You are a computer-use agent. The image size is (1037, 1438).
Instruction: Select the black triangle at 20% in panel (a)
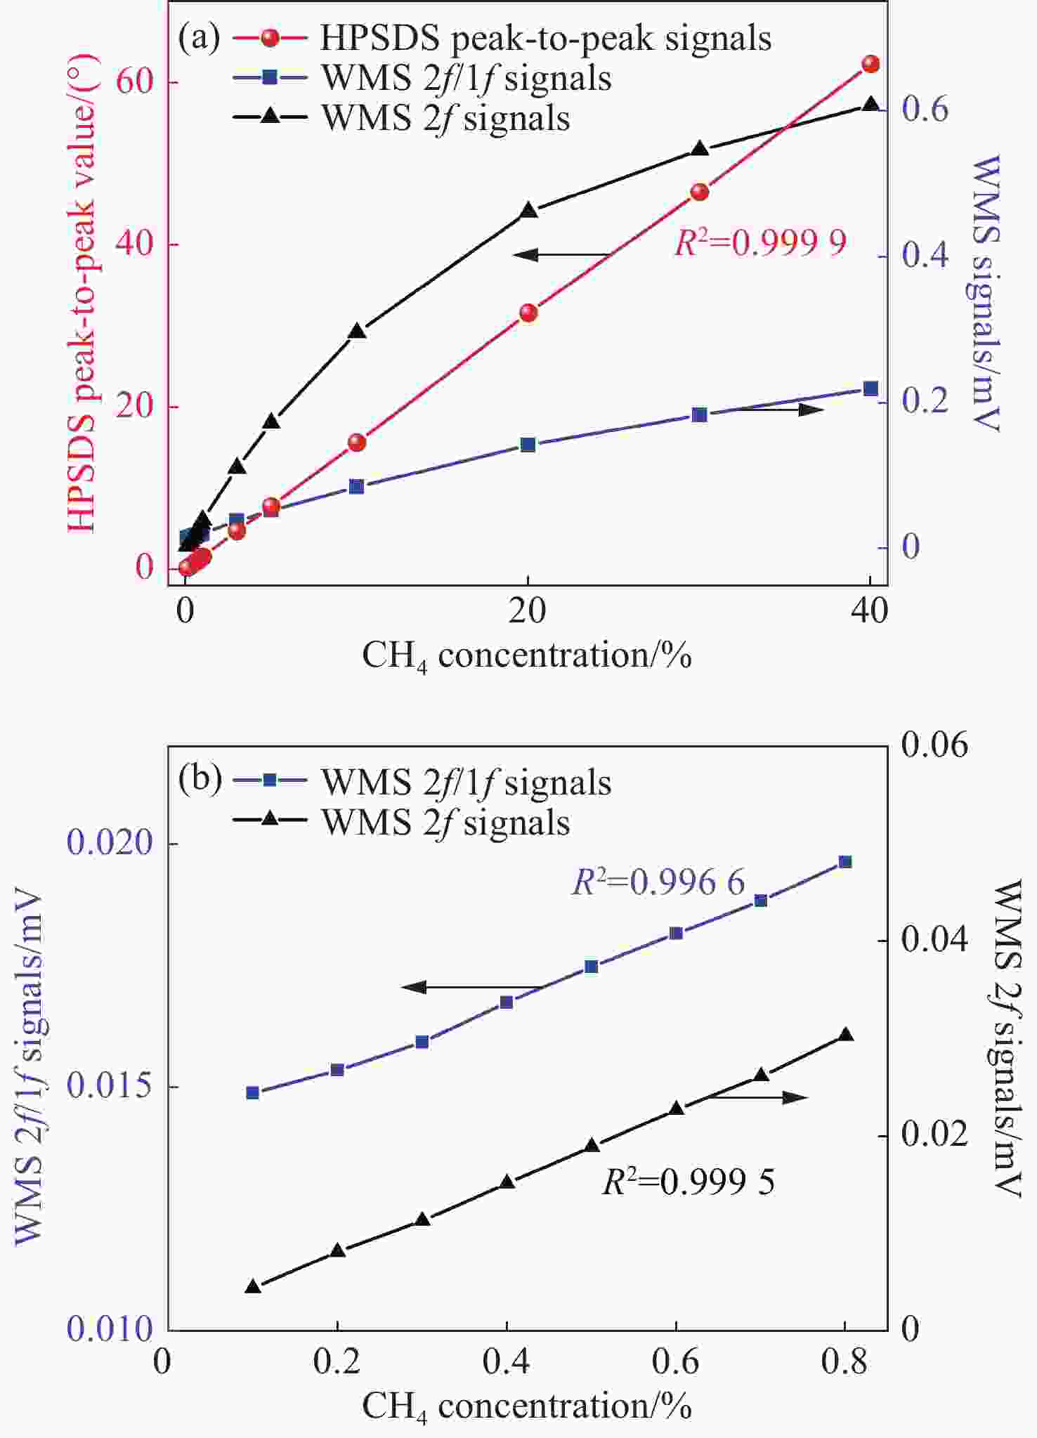529,211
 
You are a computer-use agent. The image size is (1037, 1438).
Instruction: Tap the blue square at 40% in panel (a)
870,388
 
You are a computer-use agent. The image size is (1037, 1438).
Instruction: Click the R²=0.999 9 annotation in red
760,243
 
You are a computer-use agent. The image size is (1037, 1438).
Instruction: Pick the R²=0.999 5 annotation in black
689,1182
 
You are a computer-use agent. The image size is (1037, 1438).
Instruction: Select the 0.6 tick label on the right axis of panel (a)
925,110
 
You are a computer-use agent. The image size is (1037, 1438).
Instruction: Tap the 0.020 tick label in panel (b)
110,842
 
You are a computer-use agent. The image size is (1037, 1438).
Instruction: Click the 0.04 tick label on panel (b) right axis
934,940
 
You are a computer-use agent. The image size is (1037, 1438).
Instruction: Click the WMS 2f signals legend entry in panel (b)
445,823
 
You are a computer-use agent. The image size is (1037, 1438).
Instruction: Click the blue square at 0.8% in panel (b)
845,862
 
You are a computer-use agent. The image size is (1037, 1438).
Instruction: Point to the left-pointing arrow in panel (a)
562,254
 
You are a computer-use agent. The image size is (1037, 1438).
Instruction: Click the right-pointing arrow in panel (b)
759,1097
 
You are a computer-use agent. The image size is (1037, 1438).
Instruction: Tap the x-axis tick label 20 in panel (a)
528,612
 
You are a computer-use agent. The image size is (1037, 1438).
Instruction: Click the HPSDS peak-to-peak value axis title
82,295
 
